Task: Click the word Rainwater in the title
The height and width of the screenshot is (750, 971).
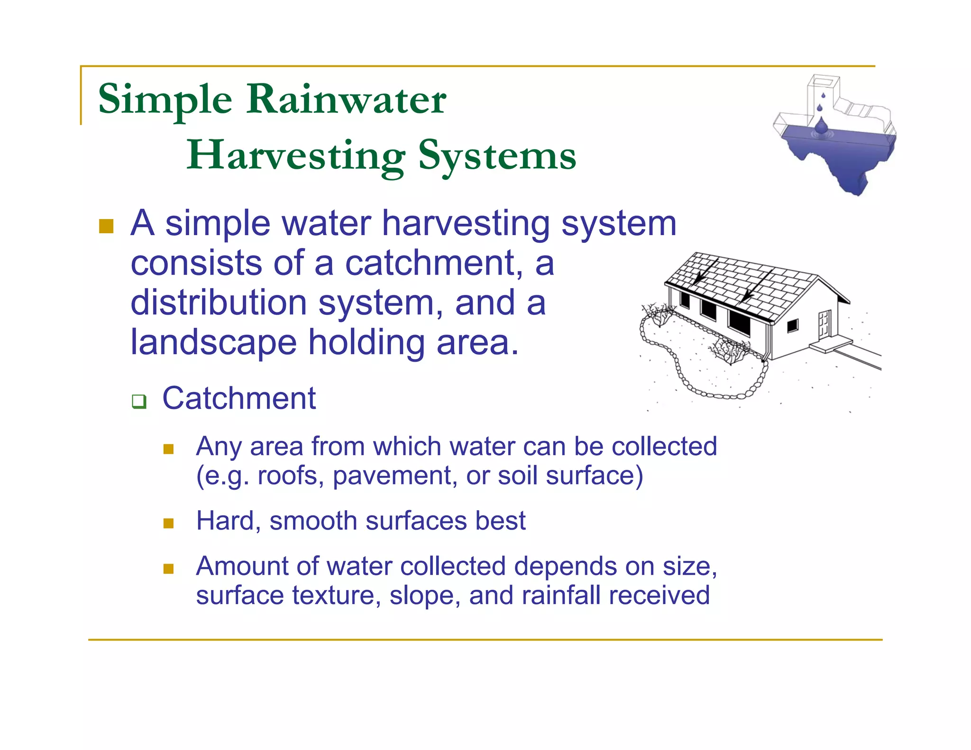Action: (346, 100)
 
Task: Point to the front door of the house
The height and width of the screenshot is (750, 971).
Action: (824, 324)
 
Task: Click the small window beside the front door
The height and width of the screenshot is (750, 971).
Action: (793, 326)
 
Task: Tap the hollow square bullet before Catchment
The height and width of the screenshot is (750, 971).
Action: (139, 402)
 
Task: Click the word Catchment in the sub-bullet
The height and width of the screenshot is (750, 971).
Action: (239, 398)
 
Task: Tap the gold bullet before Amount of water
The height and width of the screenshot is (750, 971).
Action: (168, 568)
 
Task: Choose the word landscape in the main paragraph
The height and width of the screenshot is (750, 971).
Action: (213, 342)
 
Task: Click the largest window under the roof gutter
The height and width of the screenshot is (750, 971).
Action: (739, 321)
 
